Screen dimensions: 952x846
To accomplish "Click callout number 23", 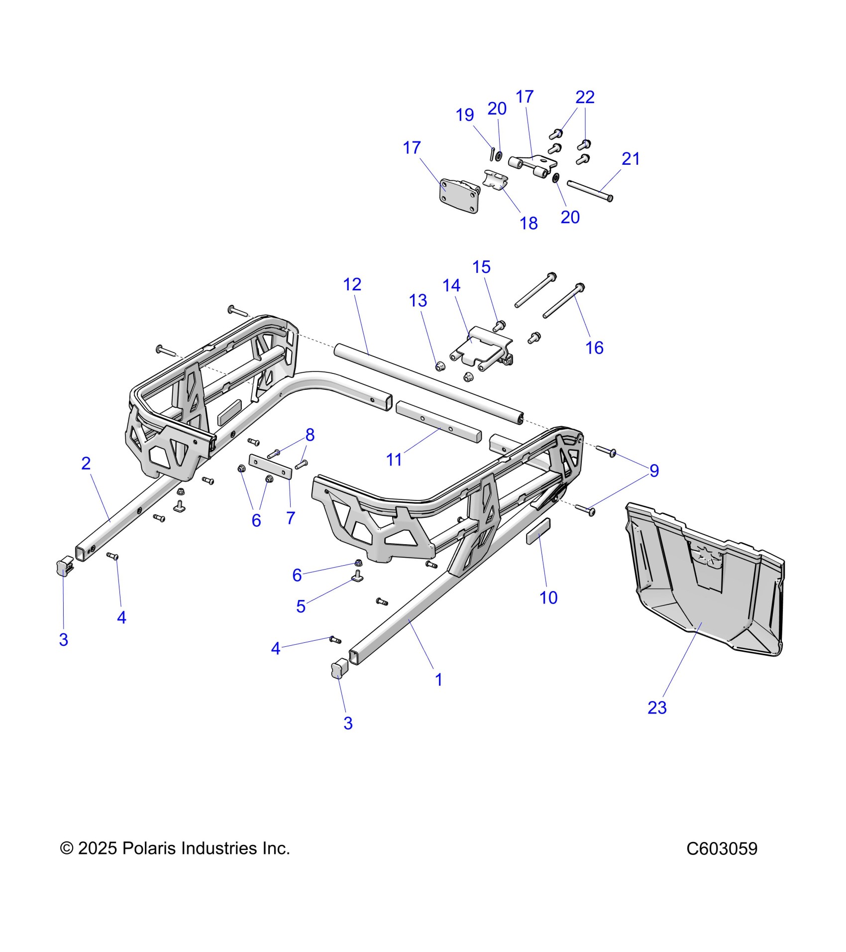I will pos(656,708).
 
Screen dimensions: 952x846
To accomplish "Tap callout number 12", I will pos(352,284).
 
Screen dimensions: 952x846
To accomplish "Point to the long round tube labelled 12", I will pos(428,383).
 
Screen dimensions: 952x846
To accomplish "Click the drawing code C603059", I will pos(722,848).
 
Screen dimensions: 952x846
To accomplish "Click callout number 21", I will pos(631,159).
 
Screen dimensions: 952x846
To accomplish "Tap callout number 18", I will pos(529,224).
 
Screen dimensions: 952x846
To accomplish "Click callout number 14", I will pos(451,285).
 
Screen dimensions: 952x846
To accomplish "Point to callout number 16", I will pos(594,348).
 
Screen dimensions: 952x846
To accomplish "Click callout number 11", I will pos(394,460).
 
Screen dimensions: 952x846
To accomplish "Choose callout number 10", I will pos(548,597).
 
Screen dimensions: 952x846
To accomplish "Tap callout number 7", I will pos(291,518).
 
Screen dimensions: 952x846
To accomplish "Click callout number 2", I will pos(86,464).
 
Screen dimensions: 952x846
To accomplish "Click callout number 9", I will pos(654,471).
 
